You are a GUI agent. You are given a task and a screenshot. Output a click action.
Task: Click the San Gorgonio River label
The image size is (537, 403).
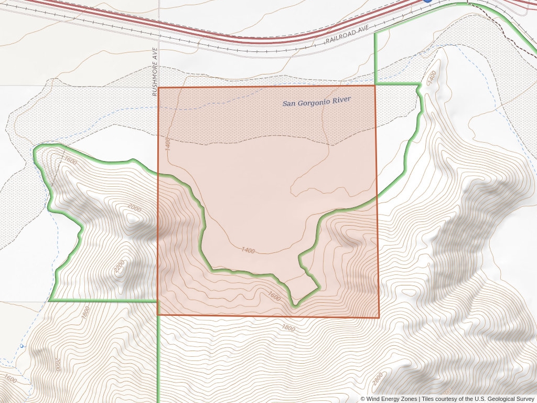(x=316, y=101)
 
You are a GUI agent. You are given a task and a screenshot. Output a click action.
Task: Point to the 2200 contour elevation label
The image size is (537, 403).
(x=120, y=267)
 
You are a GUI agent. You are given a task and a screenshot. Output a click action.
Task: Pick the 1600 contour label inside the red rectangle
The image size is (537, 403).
(x=274, y=296)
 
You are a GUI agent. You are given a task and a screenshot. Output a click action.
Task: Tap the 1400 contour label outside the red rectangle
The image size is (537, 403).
(x=431, y=77)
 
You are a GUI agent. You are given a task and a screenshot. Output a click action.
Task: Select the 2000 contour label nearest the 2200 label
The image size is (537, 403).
(x=135, y=208)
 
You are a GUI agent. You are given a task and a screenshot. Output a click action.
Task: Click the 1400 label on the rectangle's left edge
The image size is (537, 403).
(x=167, y=143)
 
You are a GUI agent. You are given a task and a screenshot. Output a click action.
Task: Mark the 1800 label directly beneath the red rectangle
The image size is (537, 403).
(x=288, y=328)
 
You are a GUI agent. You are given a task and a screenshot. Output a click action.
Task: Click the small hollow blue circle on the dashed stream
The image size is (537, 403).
(x=22, y=346)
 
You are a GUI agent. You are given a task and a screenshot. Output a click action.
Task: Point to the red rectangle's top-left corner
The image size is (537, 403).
(x=158, y=88)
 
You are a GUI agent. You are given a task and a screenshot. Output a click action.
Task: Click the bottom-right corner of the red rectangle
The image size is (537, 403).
(x=379, y=317)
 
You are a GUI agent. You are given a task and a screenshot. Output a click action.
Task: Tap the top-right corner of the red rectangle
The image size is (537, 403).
(x=375, y=86)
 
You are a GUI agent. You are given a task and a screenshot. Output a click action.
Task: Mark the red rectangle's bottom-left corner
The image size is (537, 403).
(x=158, y=315)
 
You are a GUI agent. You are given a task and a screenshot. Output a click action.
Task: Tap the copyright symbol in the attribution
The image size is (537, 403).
(x=363, y=399)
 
